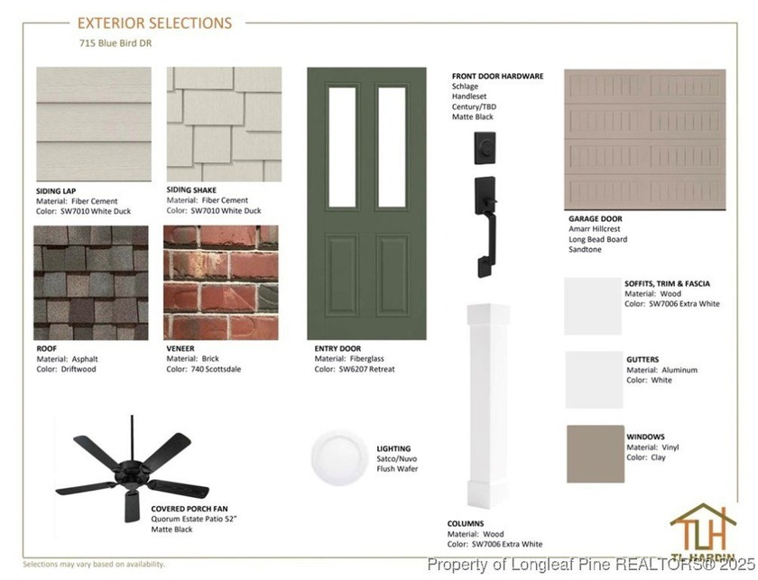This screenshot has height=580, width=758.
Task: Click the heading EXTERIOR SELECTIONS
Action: pos(154,23)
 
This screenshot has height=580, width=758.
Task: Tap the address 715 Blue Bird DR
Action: pos(116,43)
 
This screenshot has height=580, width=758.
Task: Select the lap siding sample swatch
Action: pos(94,124)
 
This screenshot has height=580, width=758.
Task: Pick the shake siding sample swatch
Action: pos(224,124)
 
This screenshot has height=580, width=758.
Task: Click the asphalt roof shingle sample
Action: pos(91,282)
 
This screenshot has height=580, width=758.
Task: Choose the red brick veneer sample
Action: pos(221,282)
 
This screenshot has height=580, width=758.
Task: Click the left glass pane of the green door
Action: pos(342,147)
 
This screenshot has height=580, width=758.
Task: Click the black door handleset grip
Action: pos(486,227)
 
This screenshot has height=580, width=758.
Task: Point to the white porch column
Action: pos(488,406)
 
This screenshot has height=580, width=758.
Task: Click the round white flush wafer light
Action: pos(339,457)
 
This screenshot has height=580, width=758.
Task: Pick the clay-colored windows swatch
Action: pos(596,454)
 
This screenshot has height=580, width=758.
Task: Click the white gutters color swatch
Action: pos(594,380)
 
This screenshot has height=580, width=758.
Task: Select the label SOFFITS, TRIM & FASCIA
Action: pos(667,284)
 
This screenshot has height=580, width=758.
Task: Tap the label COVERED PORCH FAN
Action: pos(189,509)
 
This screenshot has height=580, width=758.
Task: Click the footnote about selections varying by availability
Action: pos(94,564)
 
